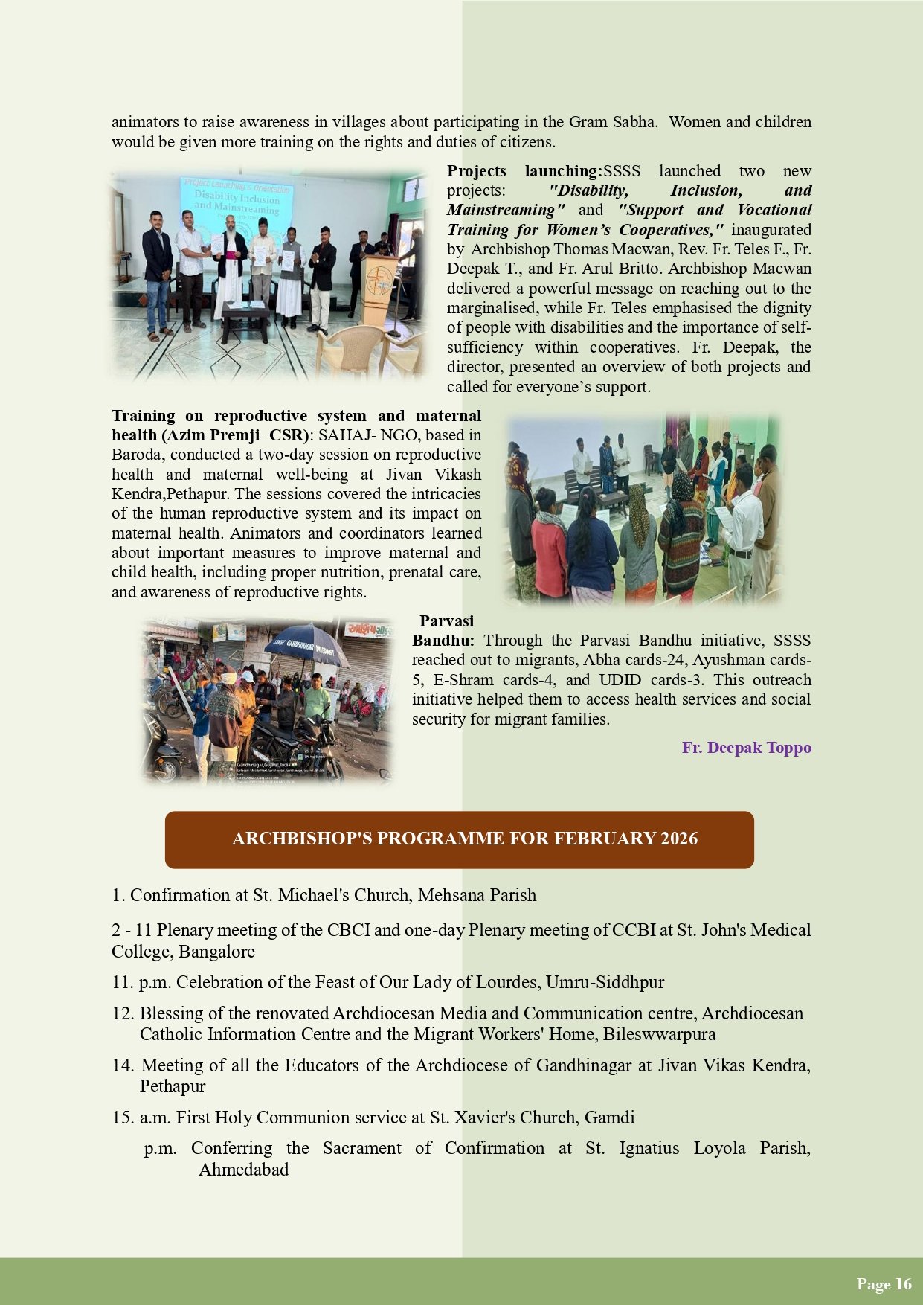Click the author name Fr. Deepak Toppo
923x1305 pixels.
pyautogui.click(x=746, y=748)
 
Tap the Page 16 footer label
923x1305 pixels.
pyautogui.click(x=884, y=1283)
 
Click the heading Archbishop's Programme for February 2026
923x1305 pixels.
pyautogui.click(x=465, y=839)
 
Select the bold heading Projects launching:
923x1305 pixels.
pyautogui.click(x=524, y=171)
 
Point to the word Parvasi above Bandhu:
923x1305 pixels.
pyautogui.click(x=446, y=621)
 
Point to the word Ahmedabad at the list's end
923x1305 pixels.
pyautogui.click(x=243, y=1169)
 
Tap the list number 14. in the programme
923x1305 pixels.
pyautogui.click(x=123, y=1065)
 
